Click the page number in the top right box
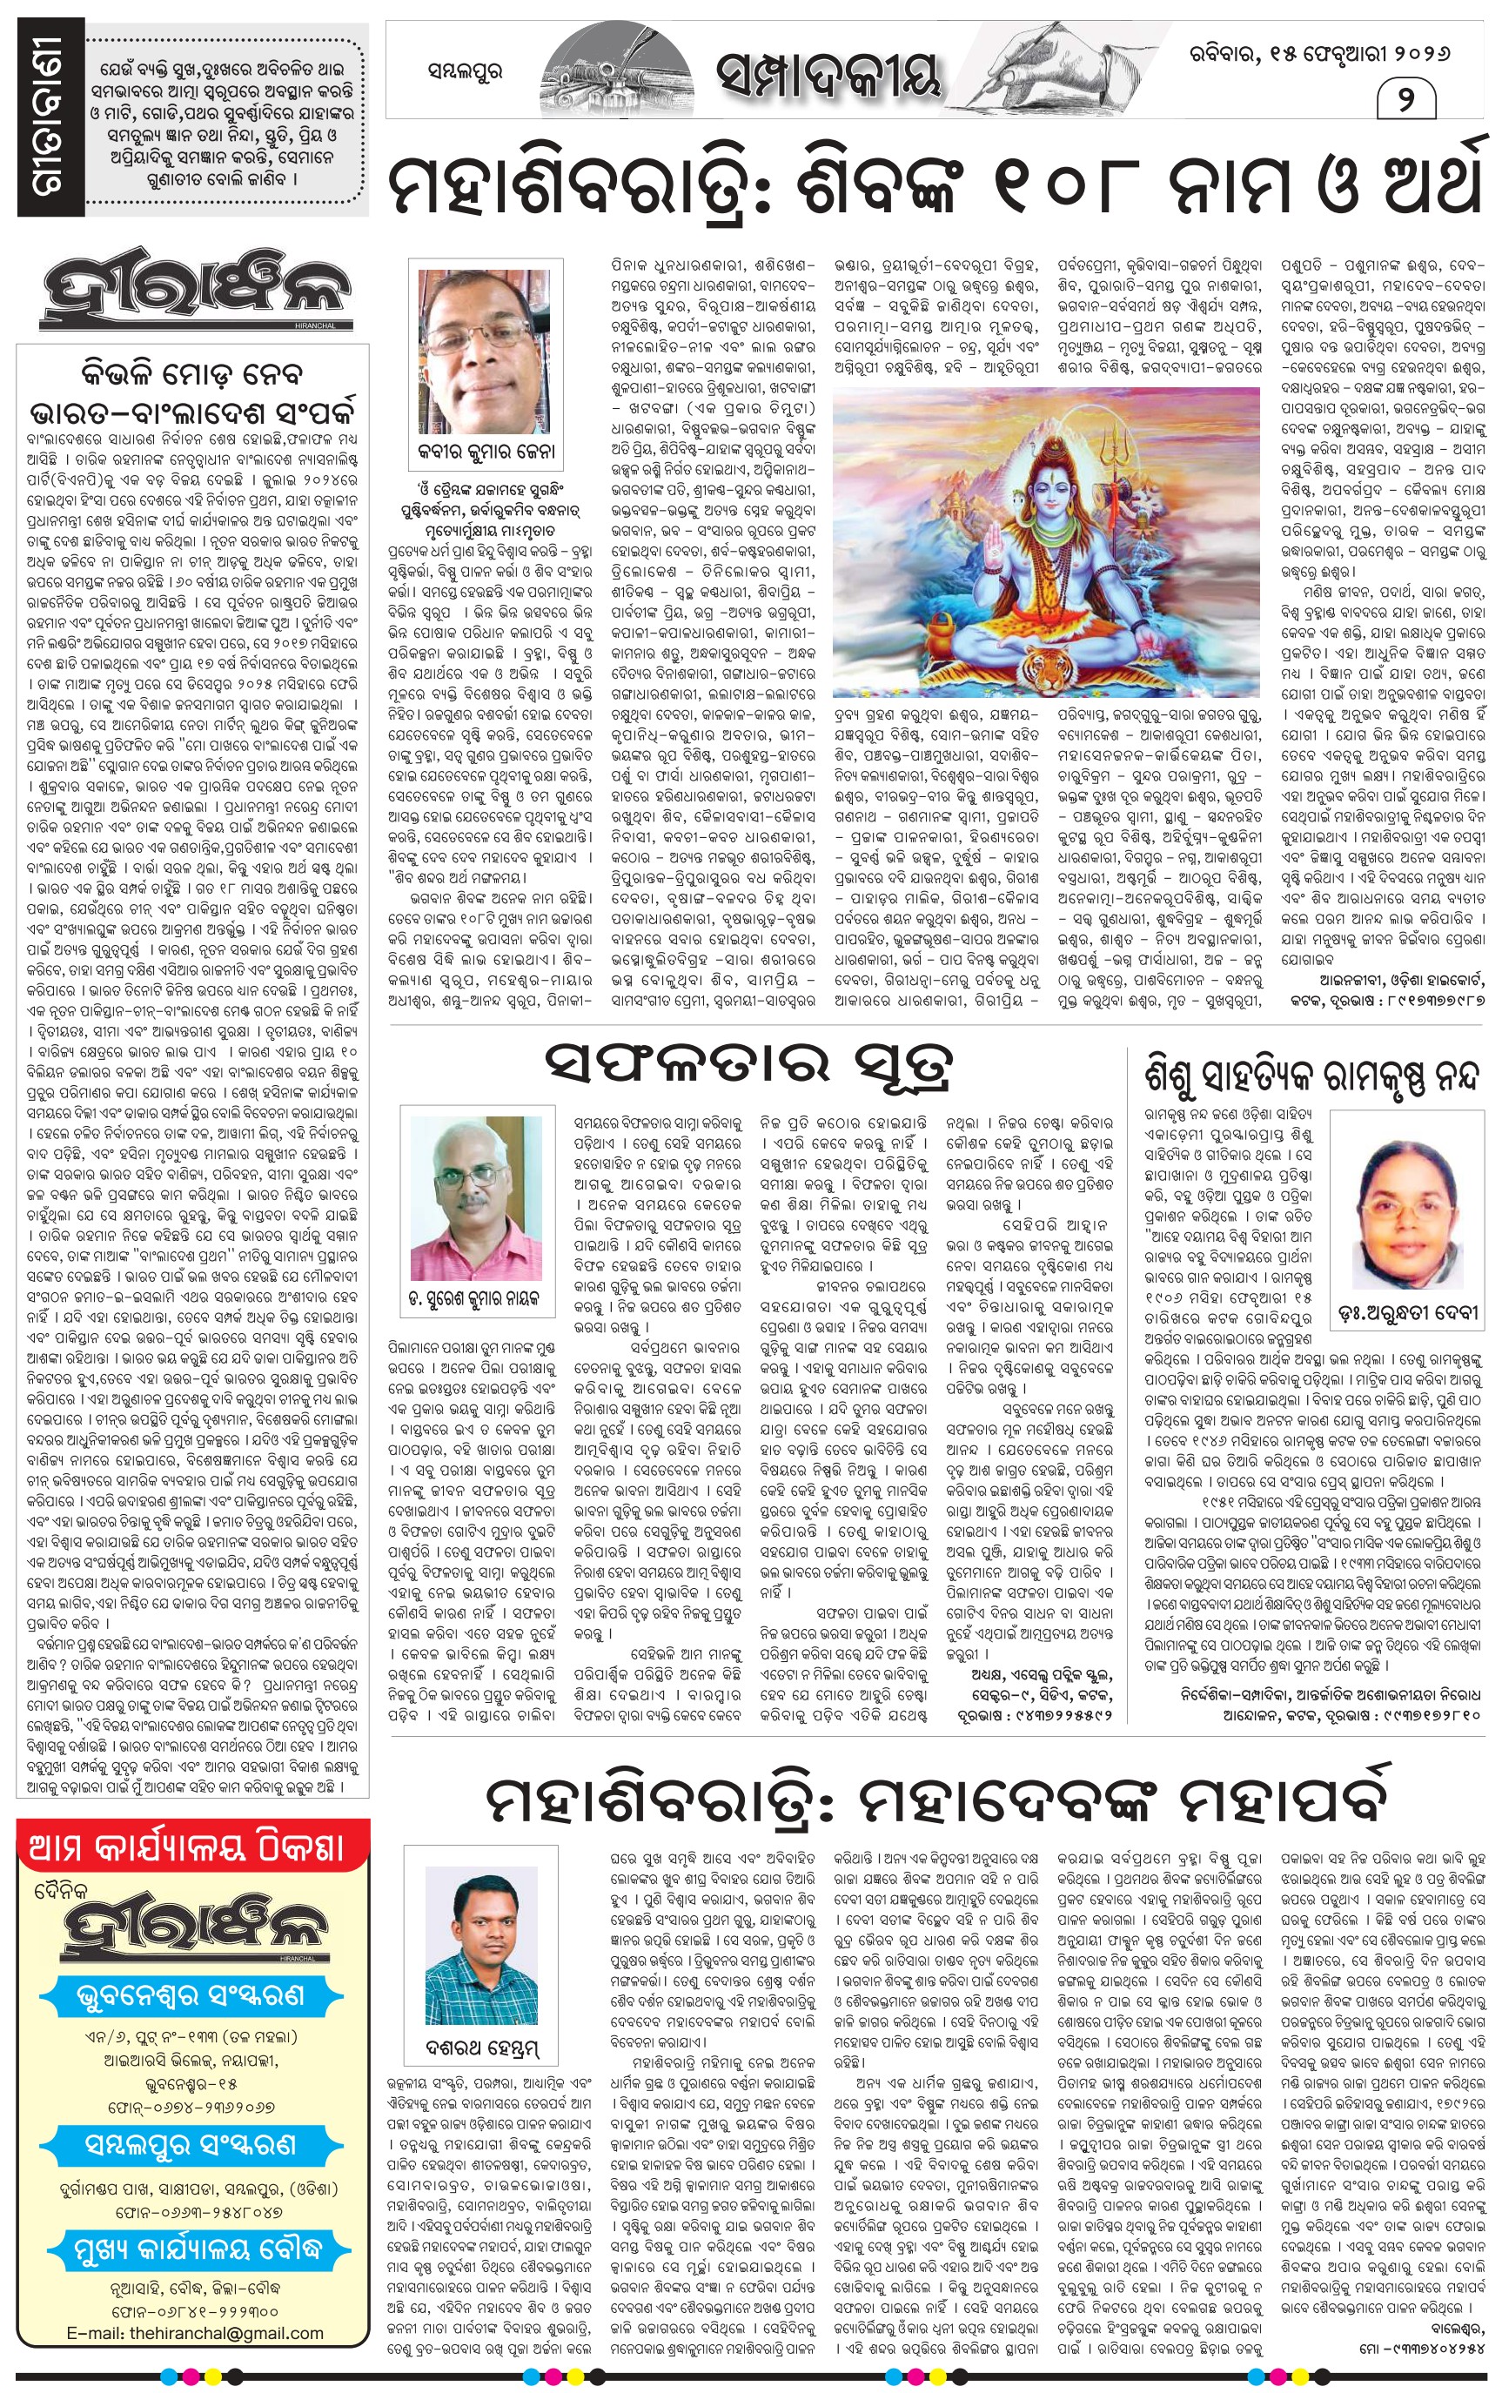(1405, 100)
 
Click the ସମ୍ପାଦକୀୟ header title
(828, 76)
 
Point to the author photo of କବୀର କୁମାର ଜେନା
(486, 351)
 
